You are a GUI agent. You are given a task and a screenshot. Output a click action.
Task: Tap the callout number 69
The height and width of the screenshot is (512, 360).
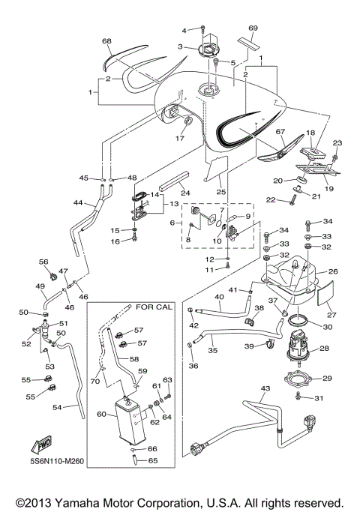(x=253, y=28)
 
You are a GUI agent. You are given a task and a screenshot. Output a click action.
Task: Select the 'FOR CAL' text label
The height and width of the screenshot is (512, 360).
(x=153, y=307)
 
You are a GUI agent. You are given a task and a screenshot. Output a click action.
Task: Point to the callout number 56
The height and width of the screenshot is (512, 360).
(x=43, y=262)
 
